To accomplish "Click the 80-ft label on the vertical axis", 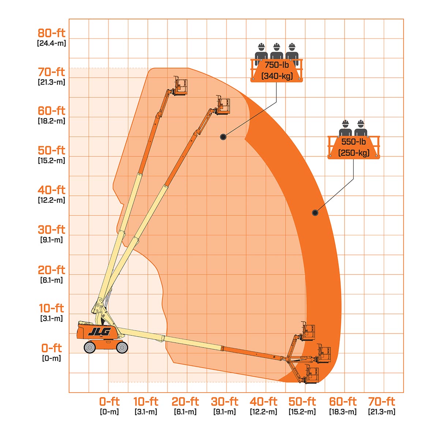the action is (52, 33).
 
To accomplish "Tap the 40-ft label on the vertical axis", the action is (52, 190).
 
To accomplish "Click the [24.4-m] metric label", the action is (52, 43).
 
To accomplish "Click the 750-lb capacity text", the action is (277, 65).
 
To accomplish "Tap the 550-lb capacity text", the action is (353, 142).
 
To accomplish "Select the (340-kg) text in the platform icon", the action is (277, 76).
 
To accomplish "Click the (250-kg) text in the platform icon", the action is (354, 153).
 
